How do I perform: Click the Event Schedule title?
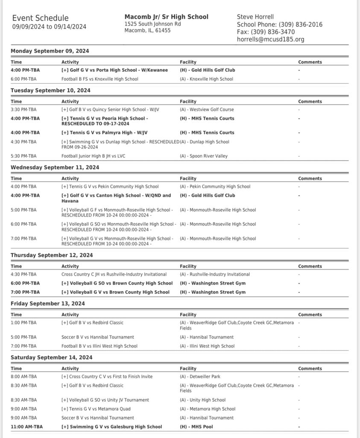click(40, 18)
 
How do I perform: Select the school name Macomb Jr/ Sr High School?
click(166, 17)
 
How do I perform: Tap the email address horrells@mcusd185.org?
click(270, 39)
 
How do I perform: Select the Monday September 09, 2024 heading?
click(50, 51)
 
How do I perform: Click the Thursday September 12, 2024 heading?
click(51, 255)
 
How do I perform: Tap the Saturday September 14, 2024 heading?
click(51, 357)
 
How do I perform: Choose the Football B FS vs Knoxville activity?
click(100, 79)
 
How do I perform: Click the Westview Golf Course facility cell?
click(207, 109)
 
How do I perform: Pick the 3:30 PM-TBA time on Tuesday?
click(23, 109)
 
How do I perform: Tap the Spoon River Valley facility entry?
click(204, 156)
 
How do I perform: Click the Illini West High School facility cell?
click(207, 346)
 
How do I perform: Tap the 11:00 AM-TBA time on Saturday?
click(26, 426)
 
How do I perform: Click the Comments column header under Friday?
click(310, 315)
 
